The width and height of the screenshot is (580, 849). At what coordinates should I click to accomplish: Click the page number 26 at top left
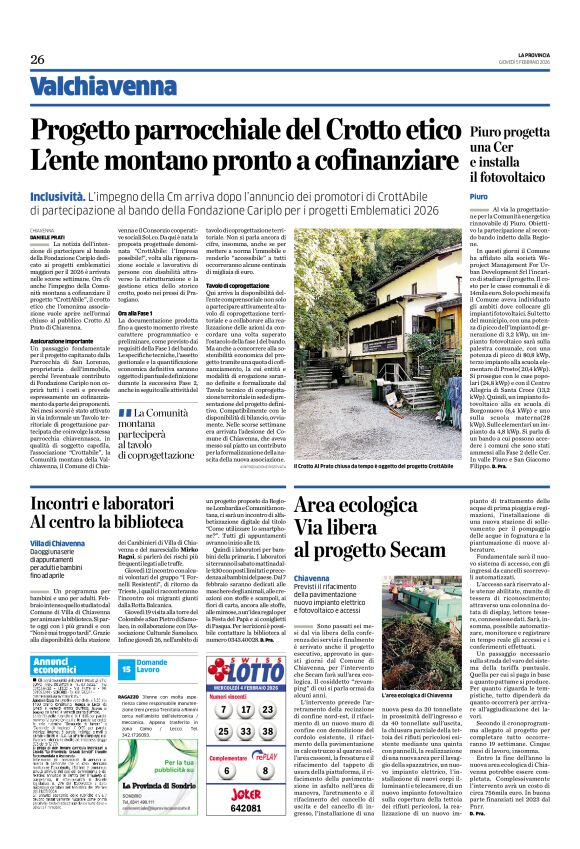coord(38,60)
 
